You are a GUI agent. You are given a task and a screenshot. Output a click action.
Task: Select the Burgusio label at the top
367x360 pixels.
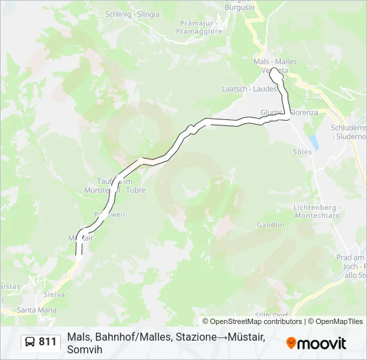[x=240, y=7]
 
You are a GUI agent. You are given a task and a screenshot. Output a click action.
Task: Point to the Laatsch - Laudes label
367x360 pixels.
[x=240, y=88]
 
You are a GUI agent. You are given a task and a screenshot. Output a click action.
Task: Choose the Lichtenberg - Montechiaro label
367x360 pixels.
[x=317, y=211]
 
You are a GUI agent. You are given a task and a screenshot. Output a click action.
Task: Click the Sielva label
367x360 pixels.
[x=54, y=294]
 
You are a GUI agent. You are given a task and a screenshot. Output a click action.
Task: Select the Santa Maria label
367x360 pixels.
[x=37, y=310]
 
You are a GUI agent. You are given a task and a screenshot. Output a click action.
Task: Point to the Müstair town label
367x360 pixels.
[x=81, y=237]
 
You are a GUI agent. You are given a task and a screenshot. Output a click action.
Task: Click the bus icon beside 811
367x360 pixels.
[x=31, y=342]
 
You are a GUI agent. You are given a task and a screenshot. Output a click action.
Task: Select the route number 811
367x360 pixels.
[x=47, y=342]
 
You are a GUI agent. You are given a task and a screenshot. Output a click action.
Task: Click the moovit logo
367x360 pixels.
[x=316, y=343]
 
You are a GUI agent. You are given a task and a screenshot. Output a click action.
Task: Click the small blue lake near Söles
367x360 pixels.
[x=313, y=142]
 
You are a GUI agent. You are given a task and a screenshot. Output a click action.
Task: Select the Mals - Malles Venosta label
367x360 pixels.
[x=275, y=66]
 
